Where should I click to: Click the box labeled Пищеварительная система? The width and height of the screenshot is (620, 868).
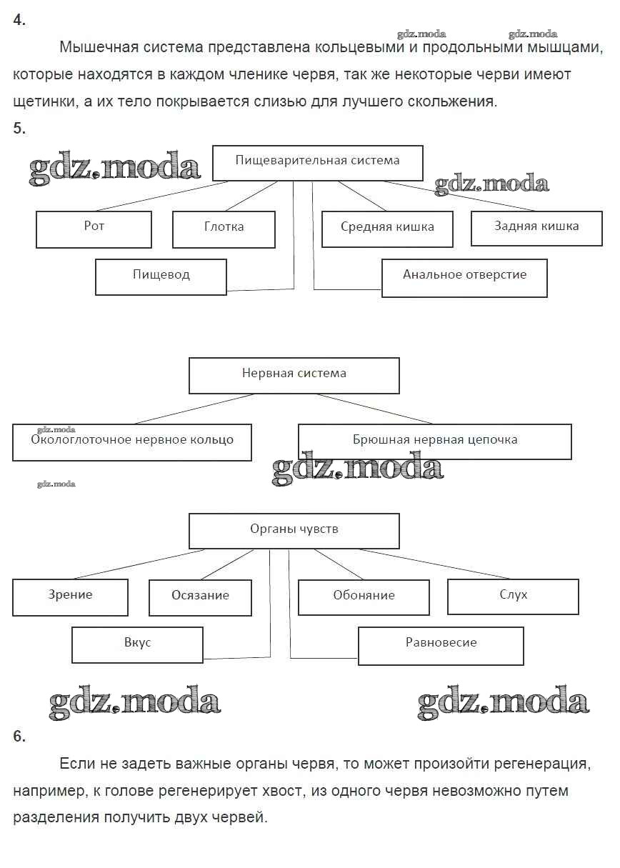318,162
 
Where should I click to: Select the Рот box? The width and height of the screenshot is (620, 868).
94,229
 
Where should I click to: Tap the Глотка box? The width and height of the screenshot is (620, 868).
224,229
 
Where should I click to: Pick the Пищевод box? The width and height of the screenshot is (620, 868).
161,276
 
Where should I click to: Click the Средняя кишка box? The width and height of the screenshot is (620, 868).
387,229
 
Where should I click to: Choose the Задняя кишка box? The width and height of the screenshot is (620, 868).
536,228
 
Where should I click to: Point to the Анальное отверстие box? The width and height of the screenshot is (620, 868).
464,277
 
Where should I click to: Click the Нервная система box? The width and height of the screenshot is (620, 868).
294,375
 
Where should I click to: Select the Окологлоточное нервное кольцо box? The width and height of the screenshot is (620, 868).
132,442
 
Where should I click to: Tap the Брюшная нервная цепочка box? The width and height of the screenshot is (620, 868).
434,442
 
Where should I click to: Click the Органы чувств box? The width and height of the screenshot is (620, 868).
294,531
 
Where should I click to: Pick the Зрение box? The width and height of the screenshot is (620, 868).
70,597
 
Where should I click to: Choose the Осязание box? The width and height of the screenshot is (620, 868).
200,597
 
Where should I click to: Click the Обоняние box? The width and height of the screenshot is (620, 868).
364,597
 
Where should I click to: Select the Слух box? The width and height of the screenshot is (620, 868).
513,597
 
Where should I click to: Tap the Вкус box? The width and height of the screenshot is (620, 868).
137,644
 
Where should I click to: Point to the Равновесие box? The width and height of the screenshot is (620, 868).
441,645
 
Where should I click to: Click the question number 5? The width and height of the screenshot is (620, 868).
19,129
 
